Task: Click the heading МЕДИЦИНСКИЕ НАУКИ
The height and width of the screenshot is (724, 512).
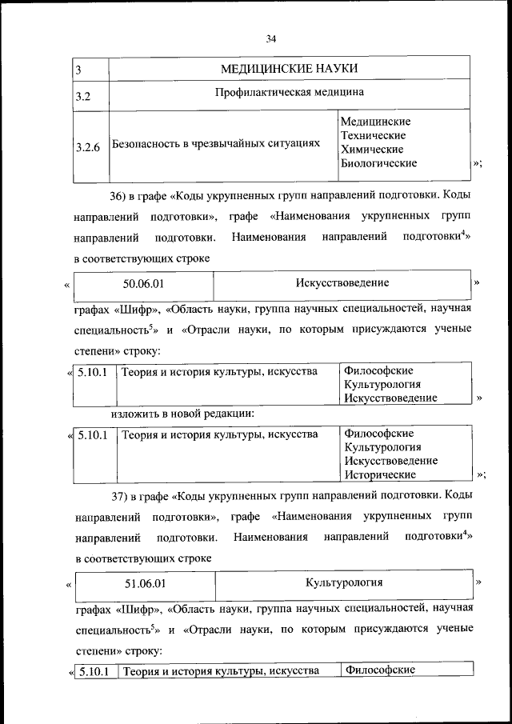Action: (289, 69)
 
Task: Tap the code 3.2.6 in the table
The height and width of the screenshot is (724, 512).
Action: (87, 147)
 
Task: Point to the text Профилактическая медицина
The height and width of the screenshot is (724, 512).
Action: (289, 92)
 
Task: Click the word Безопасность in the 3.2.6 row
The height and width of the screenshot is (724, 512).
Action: (148, 143)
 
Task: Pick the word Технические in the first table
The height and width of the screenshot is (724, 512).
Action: (373, 135)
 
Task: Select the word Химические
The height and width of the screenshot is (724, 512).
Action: (371, 150)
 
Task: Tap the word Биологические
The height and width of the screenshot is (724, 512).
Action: (378, 163)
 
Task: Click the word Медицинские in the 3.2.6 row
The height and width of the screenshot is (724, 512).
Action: (375, 122)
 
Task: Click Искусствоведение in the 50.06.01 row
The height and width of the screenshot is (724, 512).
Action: (342, 283)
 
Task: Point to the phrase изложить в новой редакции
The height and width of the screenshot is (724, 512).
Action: (182, 414)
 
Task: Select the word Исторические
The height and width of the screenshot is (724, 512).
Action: (380, 474)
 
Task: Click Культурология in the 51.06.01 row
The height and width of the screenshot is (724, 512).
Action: (344, 582)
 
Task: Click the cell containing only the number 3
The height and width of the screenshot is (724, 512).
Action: (79, 70)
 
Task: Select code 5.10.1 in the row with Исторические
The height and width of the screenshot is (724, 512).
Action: (92, 435)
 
